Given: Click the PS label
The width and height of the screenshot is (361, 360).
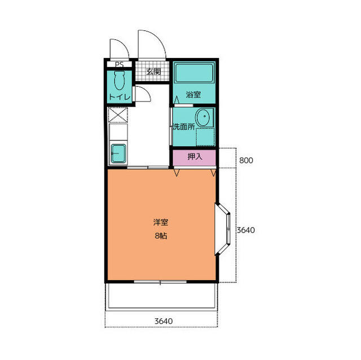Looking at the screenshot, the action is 119,64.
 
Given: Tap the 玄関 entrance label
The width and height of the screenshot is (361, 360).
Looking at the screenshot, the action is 153,72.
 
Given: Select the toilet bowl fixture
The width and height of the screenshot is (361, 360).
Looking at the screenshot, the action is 120,80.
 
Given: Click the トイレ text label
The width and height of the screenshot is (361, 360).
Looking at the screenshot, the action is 120,97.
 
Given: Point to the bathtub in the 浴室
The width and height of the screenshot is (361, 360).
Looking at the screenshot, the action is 194,73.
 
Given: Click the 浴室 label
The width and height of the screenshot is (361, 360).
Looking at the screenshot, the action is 193,95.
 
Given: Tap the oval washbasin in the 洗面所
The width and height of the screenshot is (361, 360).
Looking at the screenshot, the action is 202,118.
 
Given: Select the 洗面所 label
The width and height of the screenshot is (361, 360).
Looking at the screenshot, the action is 183,127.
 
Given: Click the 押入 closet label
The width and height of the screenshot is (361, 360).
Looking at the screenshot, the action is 195,157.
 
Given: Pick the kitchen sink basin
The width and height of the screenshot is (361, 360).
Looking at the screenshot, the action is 118,153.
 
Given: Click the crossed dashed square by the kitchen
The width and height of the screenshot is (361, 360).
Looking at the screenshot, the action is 118,115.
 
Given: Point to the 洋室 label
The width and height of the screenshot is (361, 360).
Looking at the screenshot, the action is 161,223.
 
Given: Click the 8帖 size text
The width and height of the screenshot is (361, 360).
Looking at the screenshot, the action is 161,236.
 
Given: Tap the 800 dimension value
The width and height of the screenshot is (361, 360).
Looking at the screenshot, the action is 246,160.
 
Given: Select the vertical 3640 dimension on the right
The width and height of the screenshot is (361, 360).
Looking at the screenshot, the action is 246,230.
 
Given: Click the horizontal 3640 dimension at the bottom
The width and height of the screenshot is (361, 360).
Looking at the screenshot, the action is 164,321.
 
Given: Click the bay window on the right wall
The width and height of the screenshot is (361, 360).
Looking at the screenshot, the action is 223,229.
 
